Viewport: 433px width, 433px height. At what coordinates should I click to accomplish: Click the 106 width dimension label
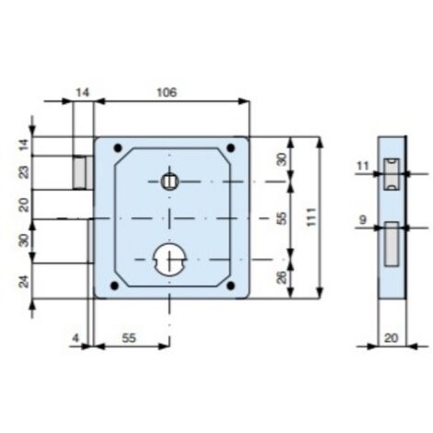tap(167, 92)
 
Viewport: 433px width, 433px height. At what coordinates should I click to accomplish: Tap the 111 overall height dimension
tap(311, 217)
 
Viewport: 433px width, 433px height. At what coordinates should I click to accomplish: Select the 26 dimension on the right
tap(282, 276)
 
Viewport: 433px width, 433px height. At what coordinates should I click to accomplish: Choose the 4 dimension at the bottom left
tap(76, 338)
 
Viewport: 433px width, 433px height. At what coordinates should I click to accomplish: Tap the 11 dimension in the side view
tap(363, 166)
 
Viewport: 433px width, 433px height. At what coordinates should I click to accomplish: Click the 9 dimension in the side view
tap(363, 220)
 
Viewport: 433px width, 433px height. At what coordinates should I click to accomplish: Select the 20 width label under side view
tap(391, 338)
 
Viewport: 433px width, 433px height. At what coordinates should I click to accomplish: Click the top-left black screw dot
tap(118, 148)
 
